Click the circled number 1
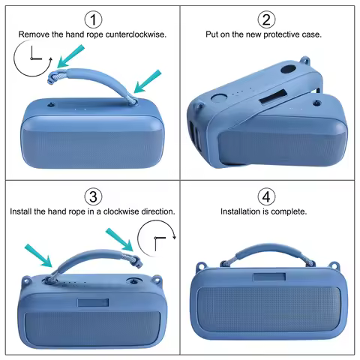(x=92, y=19)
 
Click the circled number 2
(x=266, y=19)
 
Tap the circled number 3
(x=92, y=197)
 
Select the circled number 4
(x=266, y=197)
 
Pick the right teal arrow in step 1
(x=148, y=80)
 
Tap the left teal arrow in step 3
(x=38, y=253)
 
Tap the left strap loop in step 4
(x=201, y=266)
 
